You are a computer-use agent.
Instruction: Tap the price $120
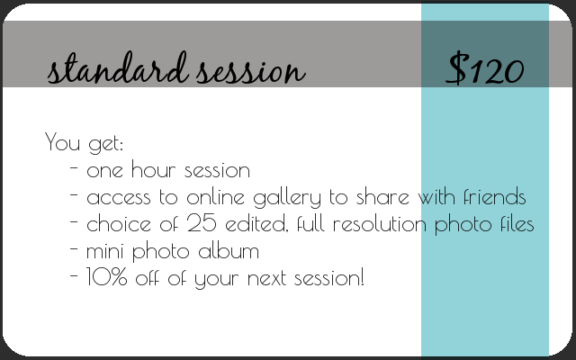[485, 68]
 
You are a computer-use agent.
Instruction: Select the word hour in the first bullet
[154, 170]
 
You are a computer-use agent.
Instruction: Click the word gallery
[287, 198]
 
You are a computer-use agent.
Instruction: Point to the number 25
[202, 222]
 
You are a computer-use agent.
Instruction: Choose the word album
[229, 250]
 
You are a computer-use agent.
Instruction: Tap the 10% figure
[106, 277]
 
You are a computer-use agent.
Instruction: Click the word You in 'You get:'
[62, 141]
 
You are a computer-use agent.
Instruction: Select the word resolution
[380, 223]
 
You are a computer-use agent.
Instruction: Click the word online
[215, 196]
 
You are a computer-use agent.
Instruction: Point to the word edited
[256, 223]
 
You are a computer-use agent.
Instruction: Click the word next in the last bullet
[266, 278]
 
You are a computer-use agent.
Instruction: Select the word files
[517, 223]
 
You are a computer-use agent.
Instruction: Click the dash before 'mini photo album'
[74, 248]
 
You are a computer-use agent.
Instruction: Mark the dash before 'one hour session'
[74, 167]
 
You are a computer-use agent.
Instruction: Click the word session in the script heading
[250, 70]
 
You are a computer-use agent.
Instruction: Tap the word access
[119, 198]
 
